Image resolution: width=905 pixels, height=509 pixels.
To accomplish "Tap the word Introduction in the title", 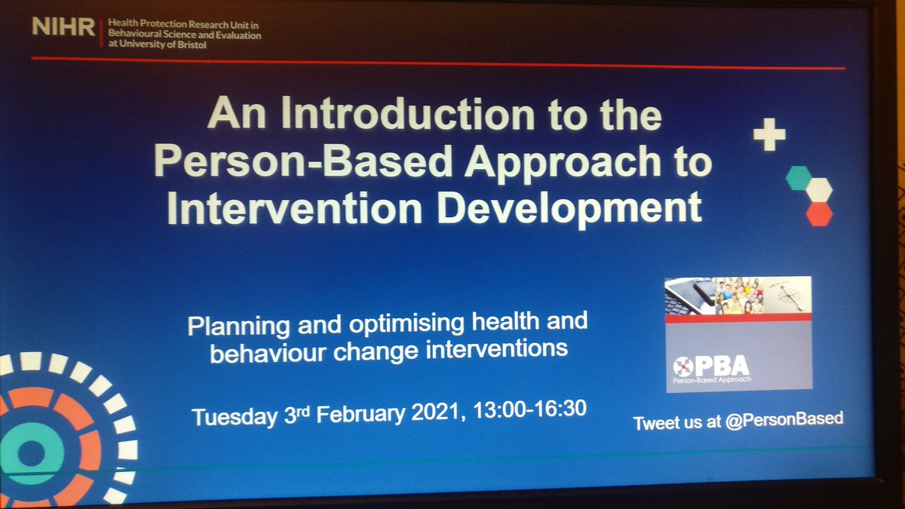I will pyautogui.click(x=417, y=118).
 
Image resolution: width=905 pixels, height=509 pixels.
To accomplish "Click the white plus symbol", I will pyautogui.click(x=769, y=136).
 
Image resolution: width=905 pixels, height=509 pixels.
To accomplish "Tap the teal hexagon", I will pyautogui.click(x=798, y=178).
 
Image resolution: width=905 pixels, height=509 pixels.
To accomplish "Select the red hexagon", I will pyautogui.click(x=818, y=213).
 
